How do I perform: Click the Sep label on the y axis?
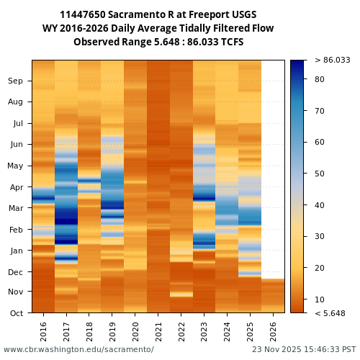[x=15, y=81]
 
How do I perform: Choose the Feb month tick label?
[x=15, y=230]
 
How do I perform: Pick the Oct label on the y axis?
[x=15, y=312]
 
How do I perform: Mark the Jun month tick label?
[x=15, y=144]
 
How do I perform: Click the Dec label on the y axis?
[x=15, y=271]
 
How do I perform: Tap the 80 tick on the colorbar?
[x=320, y=79]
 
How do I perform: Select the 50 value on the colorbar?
[x=320, y=174]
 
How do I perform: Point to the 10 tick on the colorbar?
[x=320, y=299]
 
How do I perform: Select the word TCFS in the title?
[x=230, y=42]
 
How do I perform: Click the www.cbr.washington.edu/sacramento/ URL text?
[x=78, y=349]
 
